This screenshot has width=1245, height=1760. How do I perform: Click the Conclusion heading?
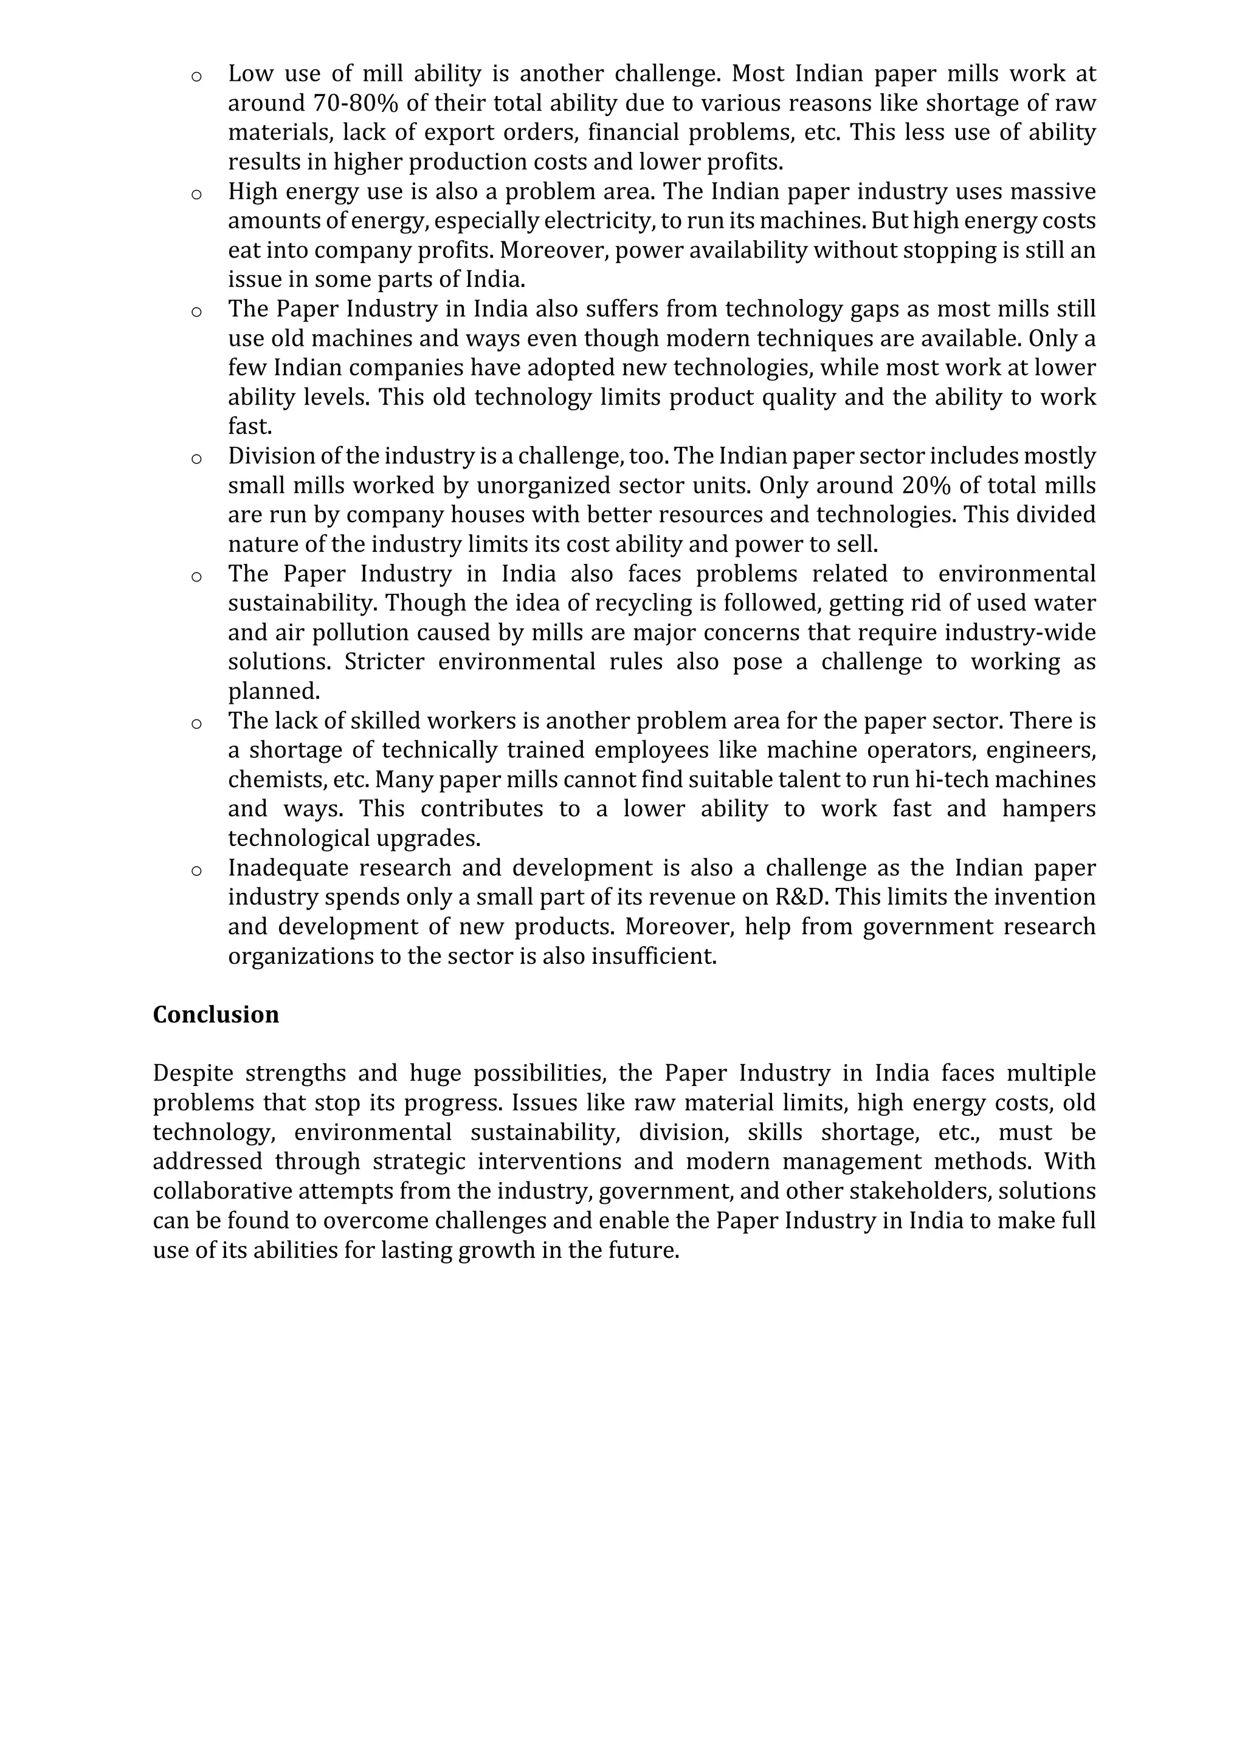215,1014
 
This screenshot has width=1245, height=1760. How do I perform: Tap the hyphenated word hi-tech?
957,780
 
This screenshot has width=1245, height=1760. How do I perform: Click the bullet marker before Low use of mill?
196,76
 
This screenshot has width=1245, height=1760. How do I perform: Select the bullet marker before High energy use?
196,193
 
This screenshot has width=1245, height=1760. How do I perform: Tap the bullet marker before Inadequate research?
196,870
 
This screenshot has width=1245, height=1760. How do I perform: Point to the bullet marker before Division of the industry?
196,458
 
